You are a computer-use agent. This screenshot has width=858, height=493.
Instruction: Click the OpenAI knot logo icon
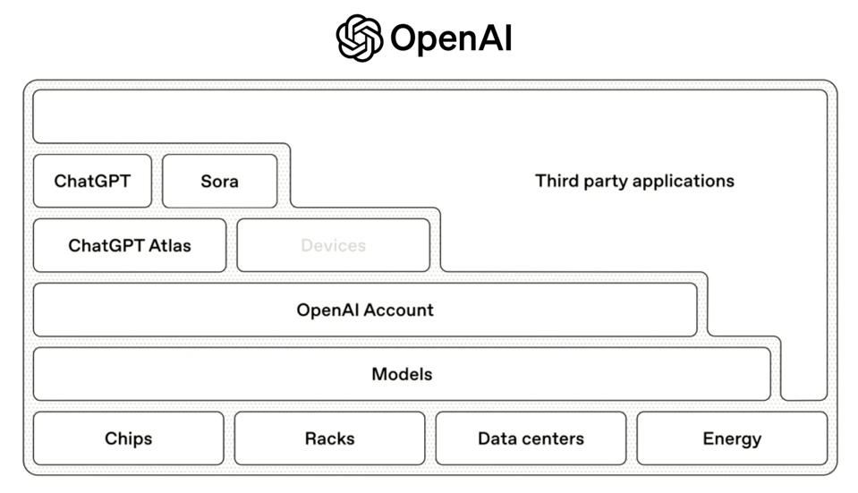click(360, 38)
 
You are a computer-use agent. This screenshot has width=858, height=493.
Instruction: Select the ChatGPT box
click(92, 181)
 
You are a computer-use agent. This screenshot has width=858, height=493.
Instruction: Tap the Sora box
click(219, 181)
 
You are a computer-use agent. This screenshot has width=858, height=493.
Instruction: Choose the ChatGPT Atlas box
click(130, 245)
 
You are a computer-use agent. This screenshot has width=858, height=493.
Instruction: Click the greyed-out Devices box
click(333, 245)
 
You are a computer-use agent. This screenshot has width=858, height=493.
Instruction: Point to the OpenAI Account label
click(365, 310)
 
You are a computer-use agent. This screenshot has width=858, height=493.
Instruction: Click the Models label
click(402, 374)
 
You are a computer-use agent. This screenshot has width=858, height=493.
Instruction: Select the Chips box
click(128, 438)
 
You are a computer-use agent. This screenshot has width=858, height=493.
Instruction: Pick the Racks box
click(329, 438)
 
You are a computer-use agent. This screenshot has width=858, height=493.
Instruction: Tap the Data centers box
click(531, 438)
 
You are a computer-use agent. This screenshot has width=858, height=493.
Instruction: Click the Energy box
click(732, 438)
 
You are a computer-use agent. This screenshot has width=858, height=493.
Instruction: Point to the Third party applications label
click(634, 181)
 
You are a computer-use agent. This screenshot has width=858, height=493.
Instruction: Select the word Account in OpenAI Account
click(399, 310)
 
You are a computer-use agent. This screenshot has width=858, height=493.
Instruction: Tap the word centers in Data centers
click(554, 438)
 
